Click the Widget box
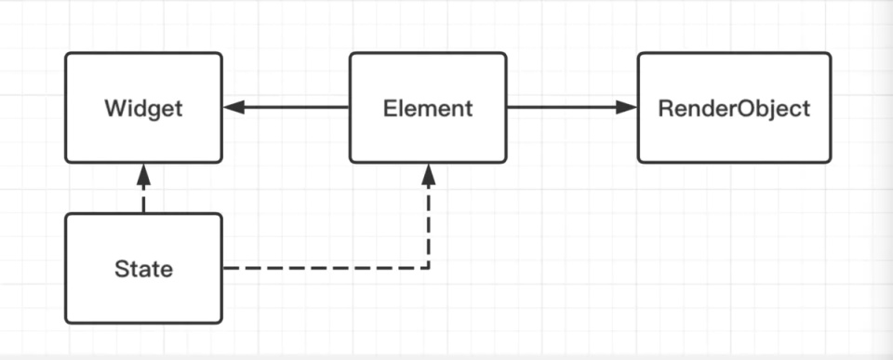pyautogui.click(x=143, y=108)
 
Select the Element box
pyautogui.click(x=428, y=108)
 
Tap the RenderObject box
pyautogui.click(x=734, y=108)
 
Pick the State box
pyautogui.click(x=143, y=268)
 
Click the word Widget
pyautogui.click(x=143, y=108)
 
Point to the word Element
pyautogui.click(x=428, y=108)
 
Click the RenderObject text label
pyautogui.click(x=734, y=108)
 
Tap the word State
pyautogui.click(x=143, y=269)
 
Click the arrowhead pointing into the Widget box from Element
pyautogui.click(x=234, y=107)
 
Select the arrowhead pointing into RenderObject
pyautogui.click(x=626, y=107)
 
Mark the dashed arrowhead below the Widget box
pyautogui.click(x=143, y=174)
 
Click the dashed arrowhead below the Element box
pyautogui.click(x=428, y=174)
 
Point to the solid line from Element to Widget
pyautogui.click(x=286, y=107)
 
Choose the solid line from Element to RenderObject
pyautogui.click(x=572, y=107)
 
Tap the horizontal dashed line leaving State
pyautogui.click(x=326, y=268)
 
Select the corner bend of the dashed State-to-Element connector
pyautogui.click(x=428, y=268)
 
